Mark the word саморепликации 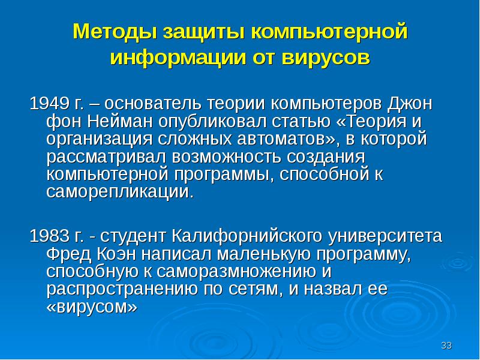120,193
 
